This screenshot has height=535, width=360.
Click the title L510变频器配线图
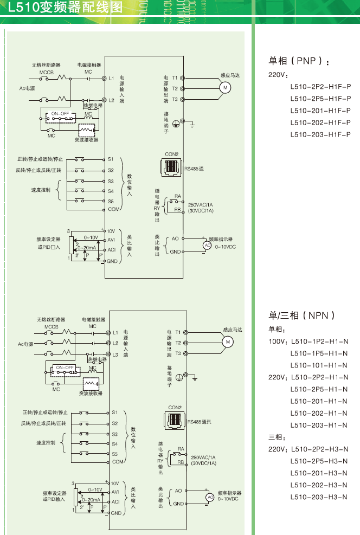66,8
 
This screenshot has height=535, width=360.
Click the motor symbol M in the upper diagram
224,88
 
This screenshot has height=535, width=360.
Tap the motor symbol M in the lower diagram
228,341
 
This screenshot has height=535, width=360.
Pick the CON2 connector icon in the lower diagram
175,421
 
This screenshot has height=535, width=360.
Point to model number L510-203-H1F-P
320,134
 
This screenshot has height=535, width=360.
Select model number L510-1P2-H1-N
319,341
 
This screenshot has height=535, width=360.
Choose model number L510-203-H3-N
319,497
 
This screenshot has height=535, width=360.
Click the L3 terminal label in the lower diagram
115,354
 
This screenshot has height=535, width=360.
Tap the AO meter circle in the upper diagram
207,245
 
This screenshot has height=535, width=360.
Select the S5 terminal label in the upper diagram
111,201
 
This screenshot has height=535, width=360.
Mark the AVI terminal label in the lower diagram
115,492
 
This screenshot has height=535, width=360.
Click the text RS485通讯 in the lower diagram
199,421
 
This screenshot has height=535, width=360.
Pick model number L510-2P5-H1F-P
320,98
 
